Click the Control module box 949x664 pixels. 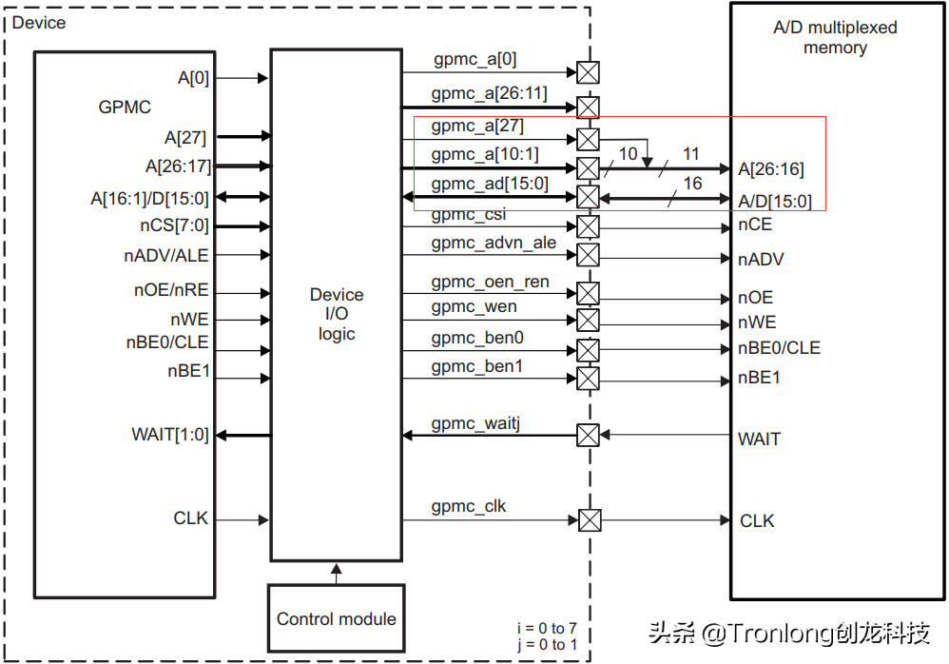(336, 618)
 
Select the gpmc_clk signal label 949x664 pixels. (469, 506)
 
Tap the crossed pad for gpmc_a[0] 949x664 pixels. (589, 72)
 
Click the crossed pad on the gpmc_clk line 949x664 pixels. (590, 520)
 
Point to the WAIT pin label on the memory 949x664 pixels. (759, 439)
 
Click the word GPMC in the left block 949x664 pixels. (125, 107)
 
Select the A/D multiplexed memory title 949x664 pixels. (835, 37)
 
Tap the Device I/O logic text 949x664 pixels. (337, 314)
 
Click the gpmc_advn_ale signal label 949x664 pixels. (494, 244)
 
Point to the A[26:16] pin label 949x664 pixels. (771, 169)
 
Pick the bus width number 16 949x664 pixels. (692, 184)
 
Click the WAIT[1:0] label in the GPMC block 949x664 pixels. (169, 436)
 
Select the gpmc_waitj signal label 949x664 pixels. (475, 422)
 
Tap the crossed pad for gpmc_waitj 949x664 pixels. (589, 436)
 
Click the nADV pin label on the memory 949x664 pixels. (761, 260)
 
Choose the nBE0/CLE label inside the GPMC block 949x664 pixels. (166, 344)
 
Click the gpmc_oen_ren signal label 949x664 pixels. (490, 282)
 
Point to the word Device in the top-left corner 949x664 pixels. (38, 22)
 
